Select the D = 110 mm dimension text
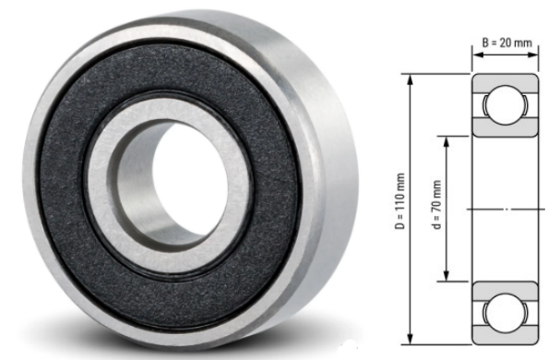point(400,211)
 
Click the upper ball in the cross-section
point(506,103)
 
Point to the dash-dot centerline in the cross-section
point(506,210)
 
